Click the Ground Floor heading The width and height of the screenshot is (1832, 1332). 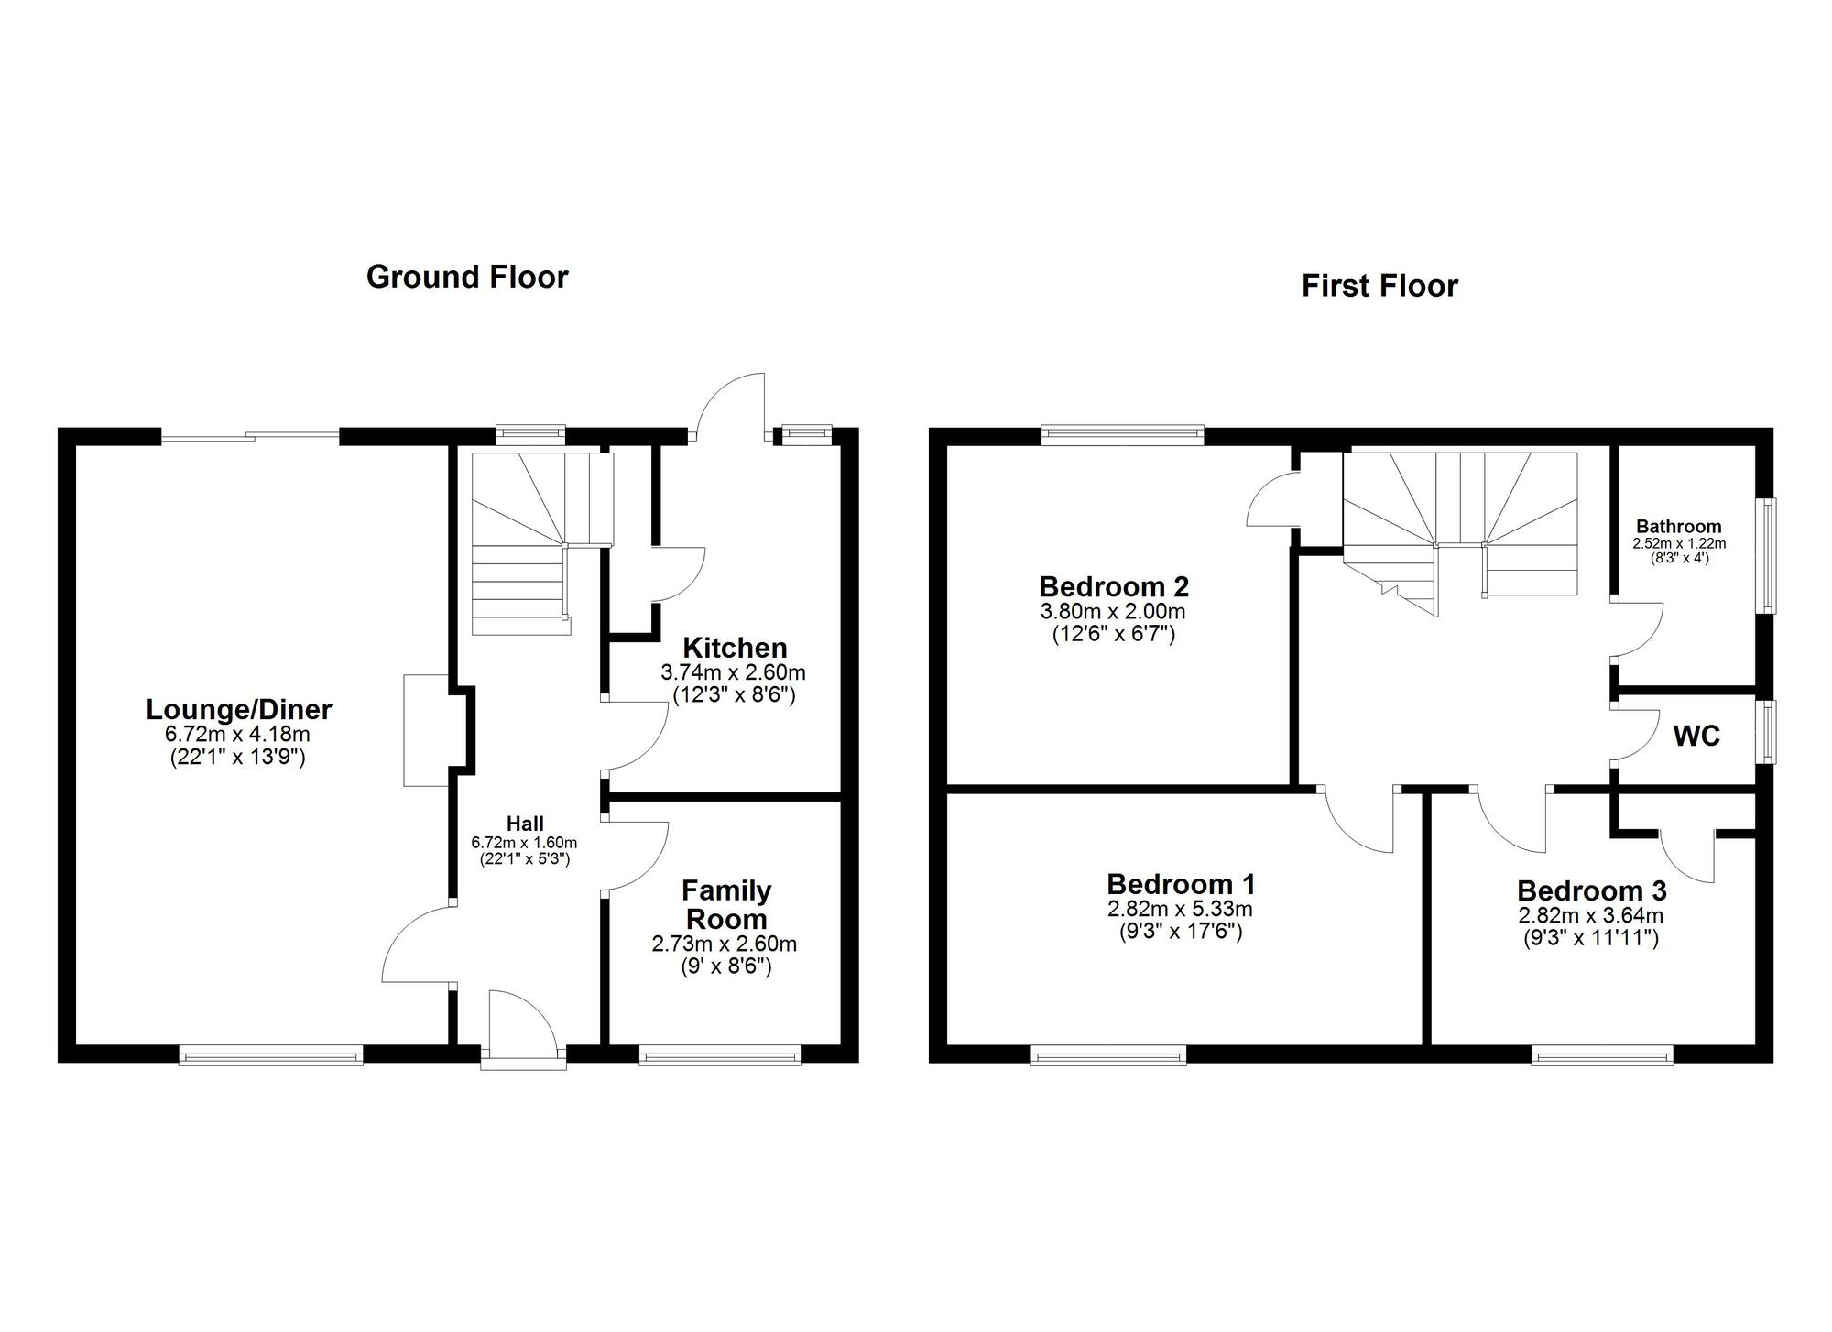click(x=467, y=277)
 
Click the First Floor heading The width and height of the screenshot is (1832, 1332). click(x=1379, y=286)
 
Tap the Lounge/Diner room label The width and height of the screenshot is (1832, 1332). click(x=239, y=709)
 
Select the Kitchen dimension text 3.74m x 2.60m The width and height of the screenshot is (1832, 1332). click(x=734, y=672)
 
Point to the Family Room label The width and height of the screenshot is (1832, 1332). click(x=726, y=904)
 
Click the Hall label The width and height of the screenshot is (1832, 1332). click(x=525, y=824)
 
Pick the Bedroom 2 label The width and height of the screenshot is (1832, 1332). click(x=1114, y=585)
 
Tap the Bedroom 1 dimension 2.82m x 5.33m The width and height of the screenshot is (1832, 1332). click(x=1180, y=910)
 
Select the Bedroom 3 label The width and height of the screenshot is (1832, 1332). click(x=1592, y=890)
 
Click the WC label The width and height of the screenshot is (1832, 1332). click(x=1696, y=737)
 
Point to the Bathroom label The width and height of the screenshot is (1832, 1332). click(x=1679, y=527)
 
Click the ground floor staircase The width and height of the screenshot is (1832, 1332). click(x=541, y=543)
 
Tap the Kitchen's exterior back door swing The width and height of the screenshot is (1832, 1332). click(x=733, y=406)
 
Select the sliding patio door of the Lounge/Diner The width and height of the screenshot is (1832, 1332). click(x=251, y=437)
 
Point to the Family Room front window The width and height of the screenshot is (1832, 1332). click(x=720, y=1055)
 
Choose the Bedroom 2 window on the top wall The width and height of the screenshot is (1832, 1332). click(x=1122, y=435)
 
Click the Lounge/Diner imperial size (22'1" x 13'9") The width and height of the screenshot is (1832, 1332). click(x=238, y=757)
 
